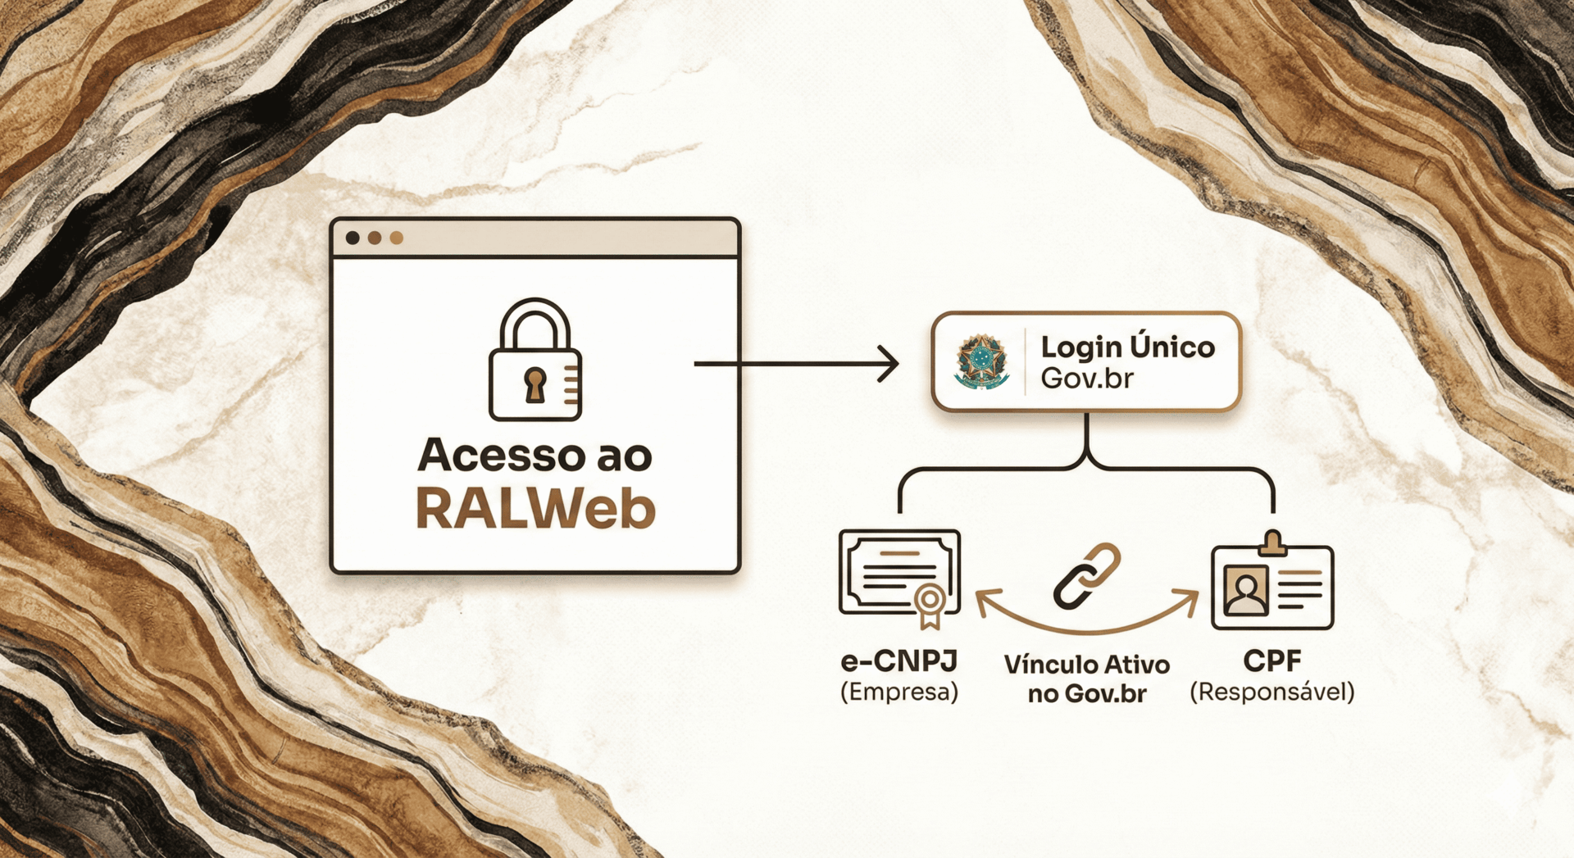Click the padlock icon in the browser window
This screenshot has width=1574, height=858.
[x=535, y=361]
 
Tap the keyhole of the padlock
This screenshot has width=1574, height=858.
[x=535, y=384]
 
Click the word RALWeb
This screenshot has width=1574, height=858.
[x=535, y=510]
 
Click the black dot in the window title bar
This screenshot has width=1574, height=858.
[x=353, y=238]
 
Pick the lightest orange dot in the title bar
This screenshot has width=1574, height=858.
[x=397, y=238]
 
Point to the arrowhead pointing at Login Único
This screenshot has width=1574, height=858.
[x=889, y=364]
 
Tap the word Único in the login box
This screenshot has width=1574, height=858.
[x=1172, y=347]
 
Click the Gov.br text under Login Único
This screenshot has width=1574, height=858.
[x=1087, y=379]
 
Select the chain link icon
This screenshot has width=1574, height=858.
[x=1086, y=576]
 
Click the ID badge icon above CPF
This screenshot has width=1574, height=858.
[x=1272, y=584]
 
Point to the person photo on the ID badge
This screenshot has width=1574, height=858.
[x=1246, y=592]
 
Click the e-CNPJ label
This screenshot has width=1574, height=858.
[x=899, y=661]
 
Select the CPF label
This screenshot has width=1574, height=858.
[x=1272, y=661]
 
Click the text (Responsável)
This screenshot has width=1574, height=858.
[x=1272, y=692]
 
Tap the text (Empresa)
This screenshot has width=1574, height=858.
[x=899, y=692]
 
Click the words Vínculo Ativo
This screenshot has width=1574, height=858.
[x=1087, y=664]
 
